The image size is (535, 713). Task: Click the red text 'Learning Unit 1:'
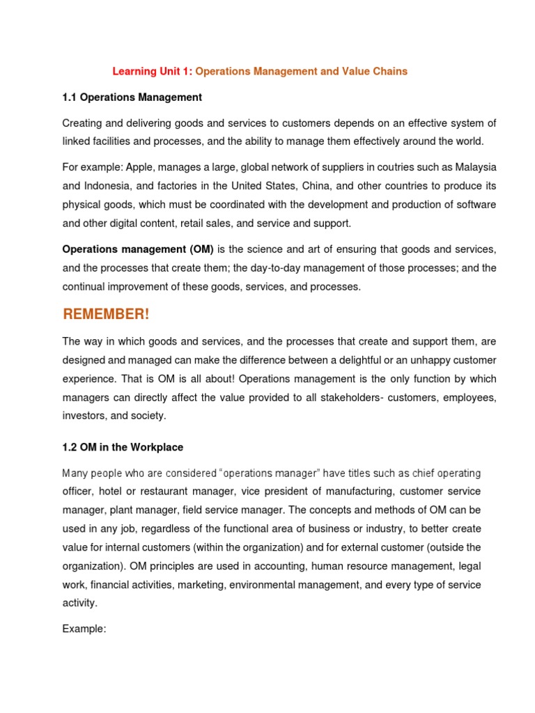[x=153, y=72]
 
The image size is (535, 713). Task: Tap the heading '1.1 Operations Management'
[x=132, y=97]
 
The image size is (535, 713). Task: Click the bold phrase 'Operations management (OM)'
[x=138, y=249]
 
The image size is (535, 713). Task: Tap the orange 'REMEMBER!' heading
[x=106, y=315]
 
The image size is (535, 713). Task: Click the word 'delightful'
[x=387, y=360]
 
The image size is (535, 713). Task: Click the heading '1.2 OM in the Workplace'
[x=123, y=447]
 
